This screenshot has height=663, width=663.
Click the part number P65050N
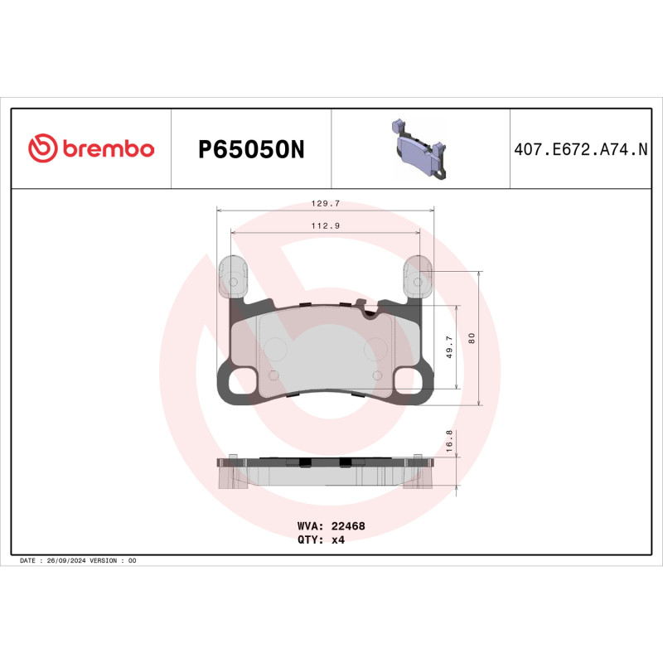251,150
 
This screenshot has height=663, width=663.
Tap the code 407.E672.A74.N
580,150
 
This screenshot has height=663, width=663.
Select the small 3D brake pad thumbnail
419,150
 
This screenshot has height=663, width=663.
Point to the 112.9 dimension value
324,225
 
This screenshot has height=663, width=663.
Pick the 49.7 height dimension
449,346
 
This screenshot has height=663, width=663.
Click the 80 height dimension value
472,337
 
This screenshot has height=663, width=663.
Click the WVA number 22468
348,525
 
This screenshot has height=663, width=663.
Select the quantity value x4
337,540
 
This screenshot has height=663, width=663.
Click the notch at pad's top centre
370,310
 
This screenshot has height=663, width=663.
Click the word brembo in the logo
107,149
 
